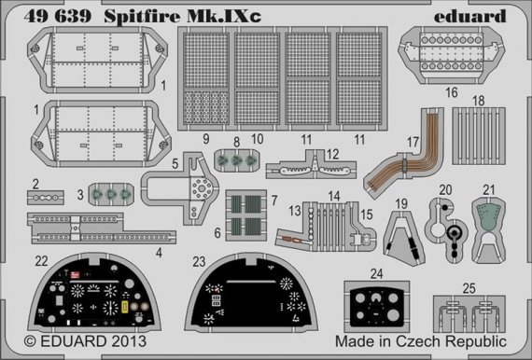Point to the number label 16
point(452,94)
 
